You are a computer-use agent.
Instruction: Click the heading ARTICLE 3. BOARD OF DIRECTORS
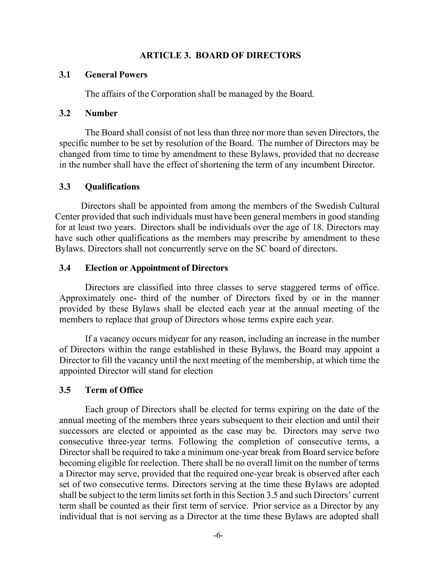220,55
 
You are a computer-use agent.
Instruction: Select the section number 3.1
65,75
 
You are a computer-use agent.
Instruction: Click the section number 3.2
65,113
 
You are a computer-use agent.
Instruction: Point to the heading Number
101,113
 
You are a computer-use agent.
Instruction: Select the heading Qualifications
112,187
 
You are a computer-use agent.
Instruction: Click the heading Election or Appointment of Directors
156,268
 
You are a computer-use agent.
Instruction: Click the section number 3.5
65,390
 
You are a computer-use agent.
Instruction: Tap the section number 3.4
65,268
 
